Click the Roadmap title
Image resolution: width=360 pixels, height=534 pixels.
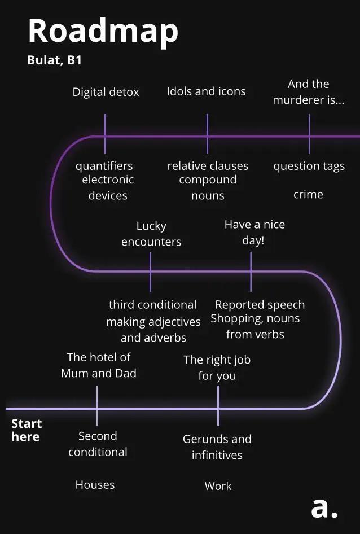coord(103,30)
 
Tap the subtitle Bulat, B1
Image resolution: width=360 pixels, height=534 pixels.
coord(54,60)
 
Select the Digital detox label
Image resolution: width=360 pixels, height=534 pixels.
coord(106,92)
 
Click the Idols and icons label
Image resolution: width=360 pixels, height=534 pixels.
coord(206,91)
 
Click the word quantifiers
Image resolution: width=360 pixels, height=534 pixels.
coord(104,166)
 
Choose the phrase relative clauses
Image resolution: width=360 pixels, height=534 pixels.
coord(208,166)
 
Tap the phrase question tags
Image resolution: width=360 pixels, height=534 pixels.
coord(309,166)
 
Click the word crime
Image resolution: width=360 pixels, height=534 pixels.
coord(308,194)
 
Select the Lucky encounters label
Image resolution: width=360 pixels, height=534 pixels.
coord(151,234)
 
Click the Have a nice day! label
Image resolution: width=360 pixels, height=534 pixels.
coord(254,232)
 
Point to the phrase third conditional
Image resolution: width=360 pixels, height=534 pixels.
coord(152,305)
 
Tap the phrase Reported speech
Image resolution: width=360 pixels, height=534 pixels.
coord(260,305)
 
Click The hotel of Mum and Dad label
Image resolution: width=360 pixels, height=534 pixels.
coord(99,365)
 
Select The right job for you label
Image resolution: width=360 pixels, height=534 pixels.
coord(217,367)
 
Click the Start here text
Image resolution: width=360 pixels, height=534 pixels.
coord(26,430)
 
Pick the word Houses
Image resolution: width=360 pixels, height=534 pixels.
coord(95,484)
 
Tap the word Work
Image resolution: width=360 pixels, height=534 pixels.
coord(218,485)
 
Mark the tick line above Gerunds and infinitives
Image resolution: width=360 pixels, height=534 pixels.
coord(218,405)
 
